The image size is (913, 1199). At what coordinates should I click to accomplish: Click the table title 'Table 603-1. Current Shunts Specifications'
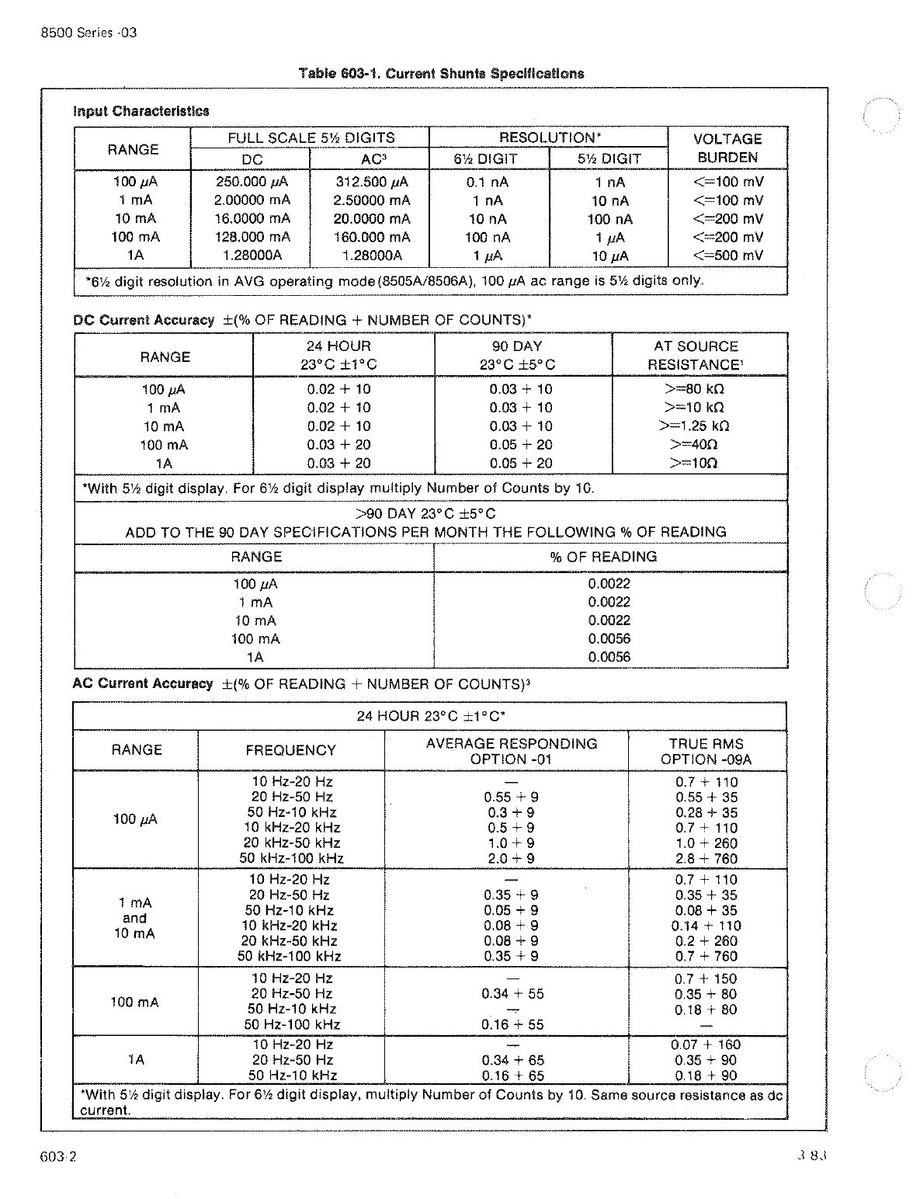point(441,74)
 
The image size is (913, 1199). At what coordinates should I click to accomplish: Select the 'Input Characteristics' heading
point(141,111)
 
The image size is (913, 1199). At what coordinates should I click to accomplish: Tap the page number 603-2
point(59,1156)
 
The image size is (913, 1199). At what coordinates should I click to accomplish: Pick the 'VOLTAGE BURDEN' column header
point(727,148)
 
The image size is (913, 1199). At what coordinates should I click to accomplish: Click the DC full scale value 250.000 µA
point(252,182)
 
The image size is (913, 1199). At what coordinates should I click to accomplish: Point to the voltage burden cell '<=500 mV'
point(727,255)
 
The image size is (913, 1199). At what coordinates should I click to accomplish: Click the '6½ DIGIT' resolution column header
point(488,158)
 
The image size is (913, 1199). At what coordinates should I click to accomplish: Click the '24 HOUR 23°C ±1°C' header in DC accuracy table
point(338,356)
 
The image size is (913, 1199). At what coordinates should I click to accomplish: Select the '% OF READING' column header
point(611,557)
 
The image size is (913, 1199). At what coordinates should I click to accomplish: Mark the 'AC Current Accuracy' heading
point(142,684)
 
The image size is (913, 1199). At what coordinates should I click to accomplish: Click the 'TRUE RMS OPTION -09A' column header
point(706,751)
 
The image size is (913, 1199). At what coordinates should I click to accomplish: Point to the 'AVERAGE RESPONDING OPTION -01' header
point(511,751)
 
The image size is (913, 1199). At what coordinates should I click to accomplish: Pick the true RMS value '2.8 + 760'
point(706,859)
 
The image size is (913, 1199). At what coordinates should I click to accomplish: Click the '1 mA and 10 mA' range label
point(134,918)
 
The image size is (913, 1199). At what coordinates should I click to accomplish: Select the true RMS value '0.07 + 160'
point(706,1045)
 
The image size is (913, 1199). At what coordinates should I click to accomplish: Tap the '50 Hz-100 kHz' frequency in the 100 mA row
point(292,1025)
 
